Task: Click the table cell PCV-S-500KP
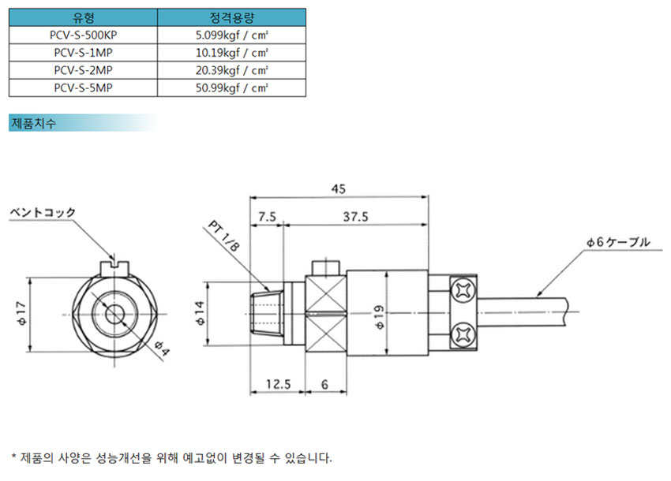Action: pyautogui.click(x=83, y=35)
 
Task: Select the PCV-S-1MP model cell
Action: pyautogui.click(x=83, y=52)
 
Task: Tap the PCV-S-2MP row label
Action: pyautogui.click(x=83, y=69)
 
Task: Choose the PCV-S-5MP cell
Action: pyautogui.click(x=83, y=88)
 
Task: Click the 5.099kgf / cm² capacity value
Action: pyautogui.click(x=232, y=35)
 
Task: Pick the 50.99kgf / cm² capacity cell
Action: pyautogui.click(x=232, y=88)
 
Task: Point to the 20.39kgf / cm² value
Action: pyautogui.click(x=232, y=69)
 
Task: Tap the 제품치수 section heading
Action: pyautogui.click(x=33, y=124)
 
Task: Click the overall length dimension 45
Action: pyautogui.click(x=338, y=189)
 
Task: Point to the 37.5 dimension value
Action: pyautogui.click(x=357, y=217)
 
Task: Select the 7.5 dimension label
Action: pyautogui.click(x=267, y=217)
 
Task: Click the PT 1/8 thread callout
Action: pyautogui.click(x=224, y=239)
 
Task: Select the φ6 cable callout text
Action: pyautogui.click(x=618, y=242)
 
